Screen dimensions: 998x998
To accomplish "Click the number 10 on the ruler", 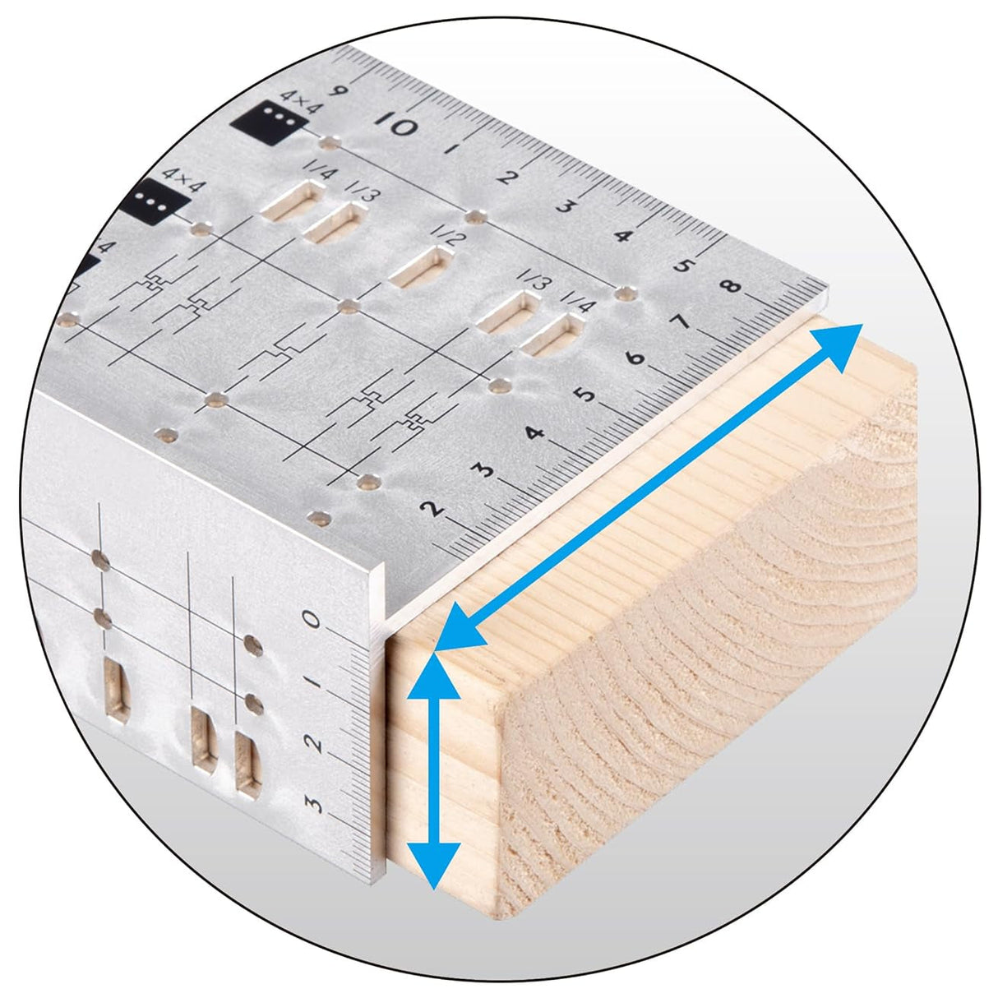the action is pos(395,122).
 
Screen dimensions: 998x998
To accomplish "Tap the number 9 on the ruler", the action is pos(339,90).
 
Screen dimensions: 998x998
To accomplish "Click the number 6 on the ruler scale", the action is pos(635,358).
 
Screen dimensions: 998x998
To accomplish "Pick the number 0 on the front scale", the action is pos(312,620).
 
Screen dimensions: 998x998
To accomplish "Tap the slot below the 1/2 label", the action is pos(421,266).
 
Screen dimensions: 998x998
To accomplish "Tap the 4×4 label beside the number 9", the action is pos(301,101).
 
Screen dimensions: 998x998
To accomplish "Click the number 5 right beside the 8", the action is pos(685,266).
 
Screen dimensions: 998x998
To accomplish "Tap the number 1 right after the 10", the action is pos(450,150).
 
